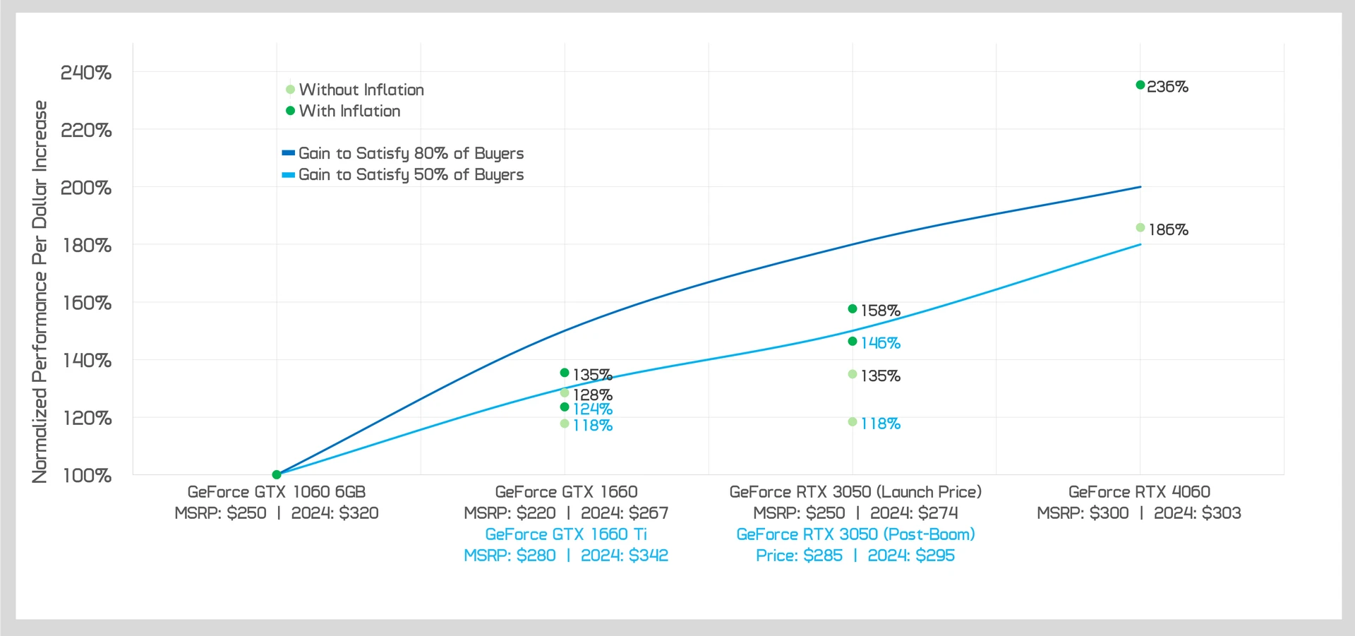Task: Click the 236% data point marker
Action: point(1140,85)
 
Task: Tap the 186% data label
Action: point(1168,229)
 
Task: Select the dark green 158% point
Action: point(853,309)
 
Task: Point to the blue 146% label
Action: point(880,343)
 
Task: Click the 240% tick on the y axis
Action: point(86,73)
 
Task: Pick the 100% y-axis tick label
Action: point(88,476)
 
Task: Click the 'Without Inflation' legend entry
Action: point(361,90)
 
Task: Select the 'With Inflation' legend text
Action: point(349,111)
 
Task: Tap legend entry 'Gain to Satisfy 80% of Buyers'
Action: point(411,153)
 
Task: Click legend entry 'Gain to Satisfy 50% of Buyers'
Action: point(411,174)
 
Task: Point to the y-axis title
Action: point(40,292)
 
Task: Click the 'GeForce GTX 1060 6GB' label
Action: point(277,492)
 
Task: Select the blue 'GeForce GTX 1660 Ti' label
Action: point(566,534)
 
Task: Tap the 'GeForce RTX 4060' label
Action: point(1139,492)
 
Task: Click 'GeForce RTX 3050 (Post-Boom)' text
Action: point(855,534)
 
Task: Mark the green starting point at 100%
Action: point(277,474)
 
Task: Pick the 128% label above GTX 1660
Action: point(592,395)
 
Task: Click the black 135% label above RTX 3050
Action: point(880,376)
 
